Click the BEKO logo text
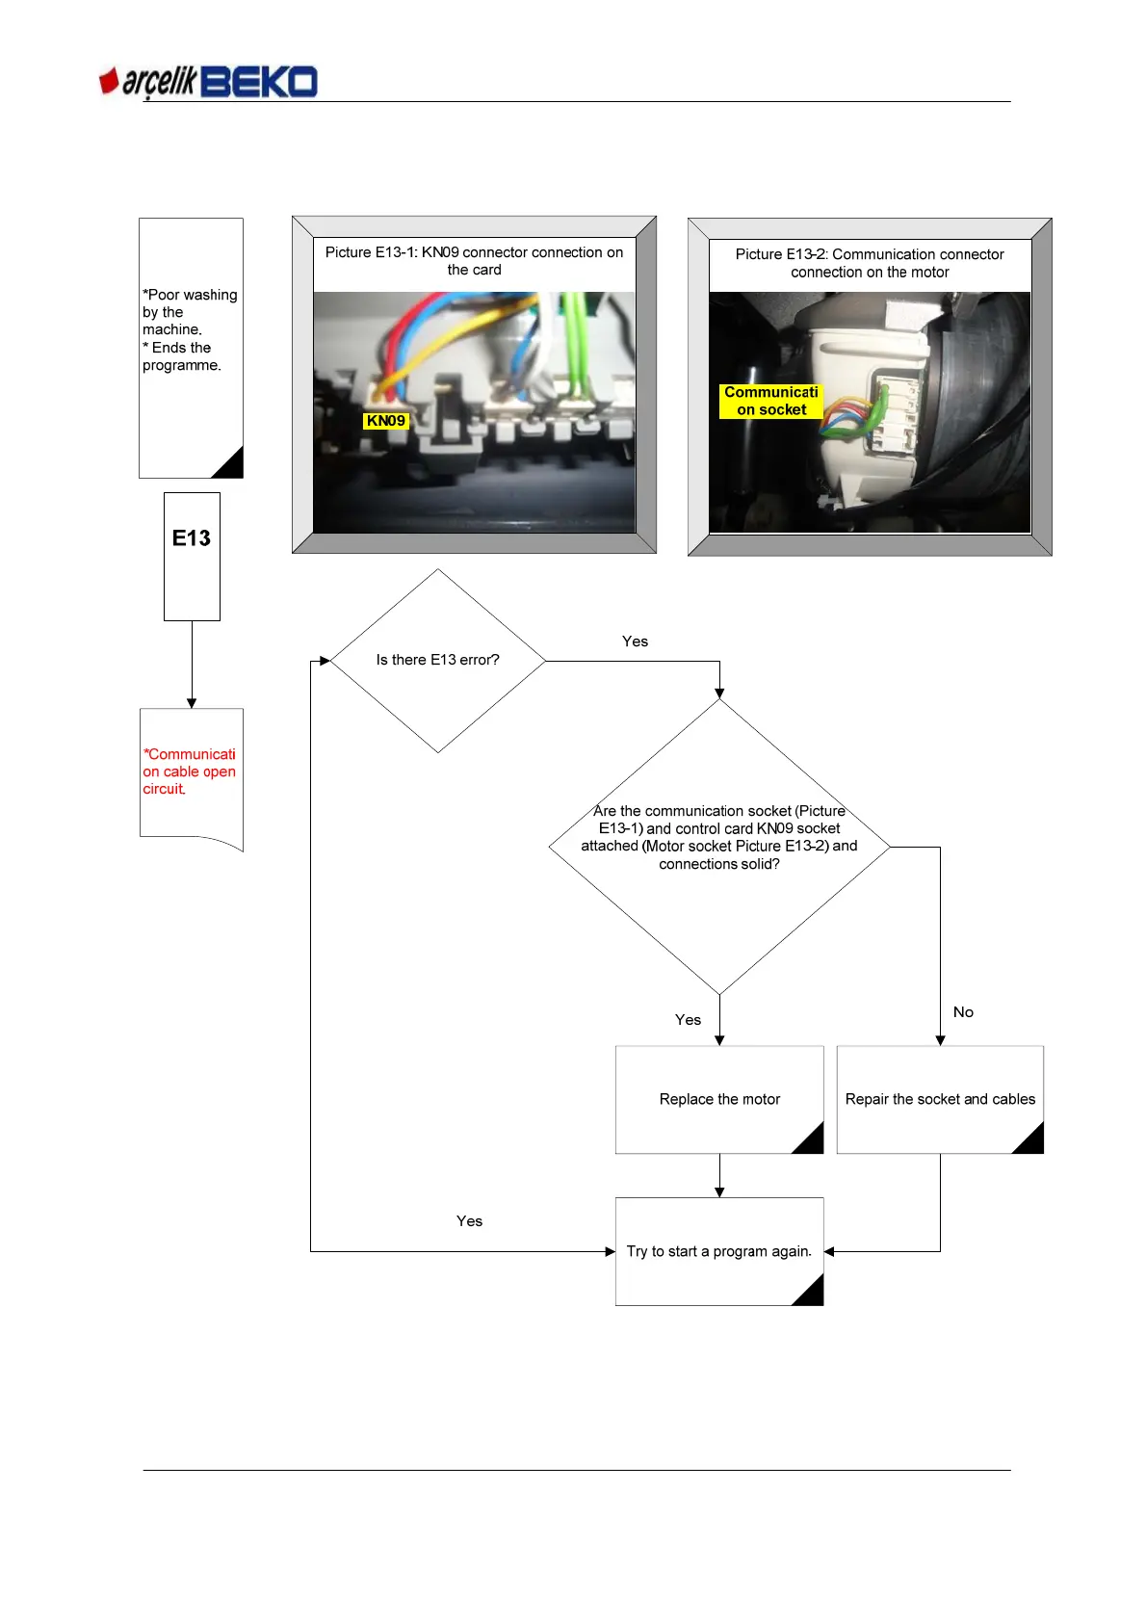[259, 82]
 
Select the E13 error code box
[192, 538]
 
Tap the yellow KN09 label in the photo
[385, 421]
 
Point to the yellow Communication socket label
[771, 401]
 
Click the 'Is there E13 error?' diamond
[437, 660]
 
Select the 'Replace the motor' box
[719, 1099]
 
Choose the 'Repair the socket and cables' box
[940, 1099]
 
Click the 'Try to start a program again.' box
[718, 1251]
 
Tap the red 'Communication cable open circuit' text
[189, 772]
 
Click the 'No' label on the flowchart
[963, 1012]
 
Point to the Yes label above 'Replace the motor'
[688, 1020]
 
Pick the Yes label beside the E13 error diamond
[635, 641]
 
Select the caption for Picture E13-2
[870, 263]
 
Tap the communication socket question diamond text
[719, 837]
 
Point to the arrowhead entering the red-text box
[192, 703]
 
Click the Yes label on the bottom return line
[469, 1221]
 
